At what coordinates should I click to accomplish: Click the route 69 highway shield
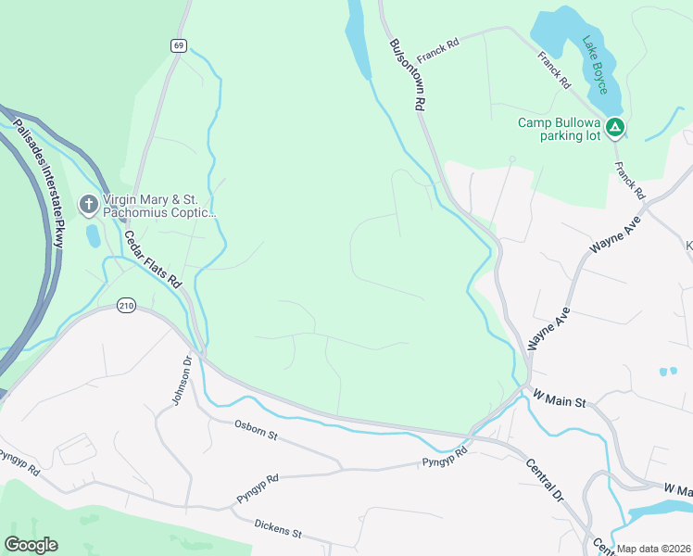click(179, 45)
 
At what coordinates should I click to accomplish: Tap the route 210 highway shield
click(127, 306)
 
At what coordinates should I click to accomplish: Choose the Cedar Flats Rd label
click(152, 259)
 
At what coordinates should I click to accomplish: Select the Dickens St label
click(278, 528)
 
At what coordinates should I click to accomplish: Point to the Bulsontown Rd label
click(407, 75)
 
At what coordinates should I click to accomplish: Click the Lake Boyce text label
click(595, 64)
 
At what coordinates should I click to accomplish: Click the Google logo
click(31, 545)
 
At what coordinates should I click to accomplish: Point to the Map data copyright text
click(653, 549)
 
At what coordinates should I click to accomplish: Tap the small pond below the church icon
click(93, 235)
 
